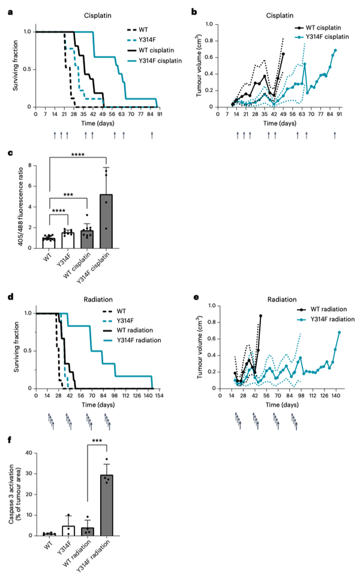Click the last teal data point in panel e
(340, 332)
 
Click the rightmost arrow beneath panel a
(152, 135)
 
